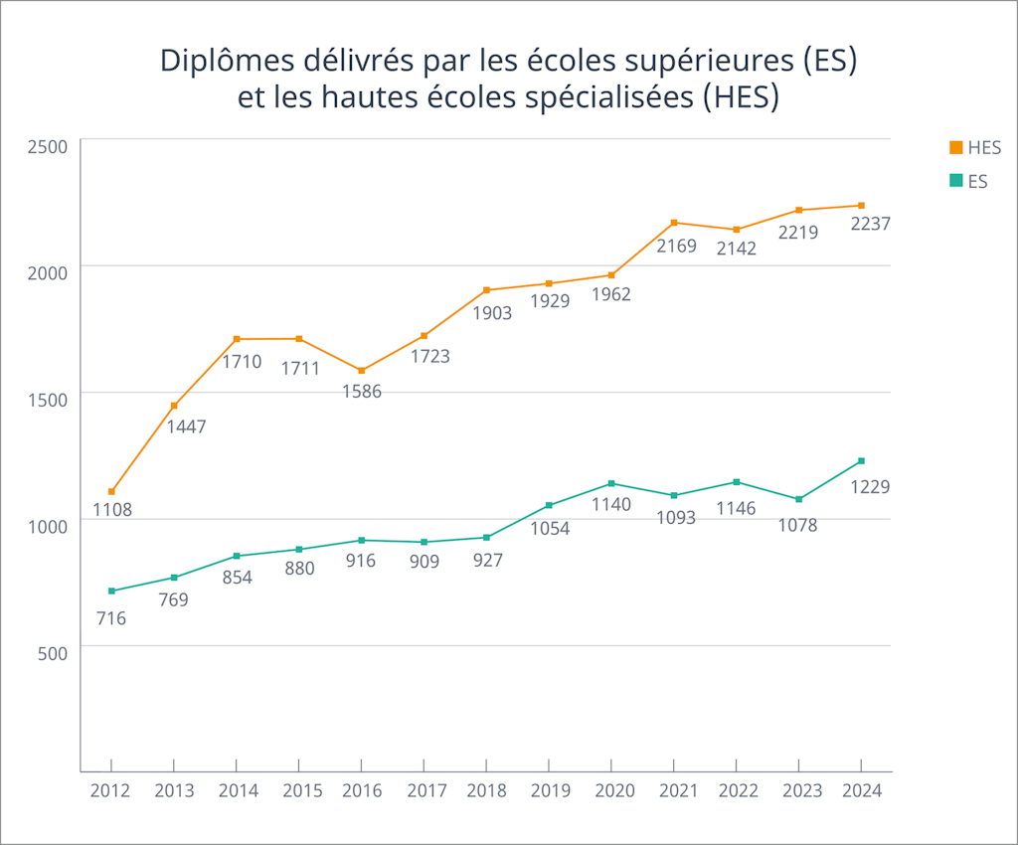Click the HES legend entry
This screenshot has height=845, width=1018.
(x=974, y=147)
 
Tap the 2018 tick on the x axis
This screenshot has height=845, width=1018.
(x=486, y=790)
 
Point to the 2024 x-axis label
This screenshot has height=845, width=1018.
(x=860, y=790)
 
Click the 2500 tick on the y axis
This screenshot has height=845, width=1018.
(x=47, y=147)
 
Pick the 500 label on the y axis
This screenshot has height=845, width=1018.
(x=52, y=653)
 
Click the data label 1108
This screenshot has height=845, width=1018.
(x=112, y=511)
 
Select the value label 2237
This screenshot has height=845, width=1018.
(x=870, y=225)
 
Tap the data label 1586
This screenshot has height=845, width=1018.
(x=361, y=391)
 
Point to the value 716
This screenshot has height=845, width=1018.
(x=111, y=618)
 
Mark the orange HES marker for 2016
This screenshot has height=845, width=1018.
(x=362, y=371)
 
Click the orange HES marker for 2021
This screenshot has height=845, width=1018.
(x=674, y=223)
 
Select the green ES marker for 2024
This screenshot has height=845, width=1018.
(x=861, y=461)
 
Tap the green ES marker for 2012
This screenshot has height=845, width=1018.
(x=111, y=591)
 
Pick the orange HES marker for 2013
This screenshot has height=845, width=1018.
(x=174, y=406)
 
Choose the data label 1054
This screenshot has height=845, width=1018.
(x=550, y=528)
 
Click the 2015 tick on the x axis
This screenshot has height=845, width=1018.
(x=299, y=790)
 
